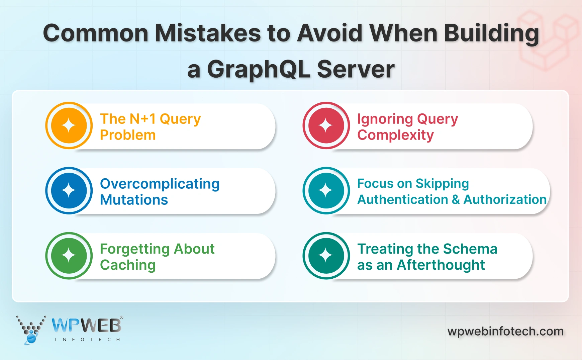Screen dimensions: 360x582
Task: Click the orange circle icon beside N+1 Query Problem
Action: [x=69, y=125]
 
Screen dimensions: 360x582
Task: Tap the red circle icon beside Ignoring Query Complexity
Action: [x=326, y=125]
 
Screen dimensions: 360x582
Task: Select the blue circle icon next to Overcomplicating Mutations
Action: [x=69, y=191]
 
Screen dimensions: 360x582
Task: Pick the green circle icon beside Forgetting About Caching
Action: [x=69, y=256]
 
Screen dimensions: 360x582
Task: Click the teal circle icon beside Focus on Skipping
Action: [x=326, y=191]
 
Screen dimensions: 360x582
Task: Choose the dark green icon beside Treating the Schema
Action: [x=326, y=256]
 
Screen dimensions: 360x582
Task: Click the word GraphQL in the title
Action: [x=259, y=70]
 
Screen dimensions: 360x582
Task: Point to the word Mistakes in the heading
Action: [x=207, y=33]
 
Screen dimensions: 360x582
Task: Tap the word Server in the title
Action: [x=356, y=69]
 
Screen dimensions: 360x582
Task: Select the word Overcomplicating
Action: [x=160, y=184]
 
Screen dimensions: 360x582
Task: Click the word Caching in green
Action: [x=128, y=265]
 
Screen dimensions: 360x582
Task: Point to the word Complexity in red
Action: [x=395, y=135]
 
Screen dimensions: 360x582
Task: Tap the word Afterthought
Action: [x=441, y=265]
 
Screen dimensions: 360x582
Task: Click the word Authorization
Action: [x=505, y=200]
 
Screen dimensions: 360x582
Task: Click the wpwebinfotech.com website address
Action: [x=505, y=331]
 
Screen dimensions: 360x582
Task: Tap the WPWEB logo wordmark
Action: [x=87, y=325]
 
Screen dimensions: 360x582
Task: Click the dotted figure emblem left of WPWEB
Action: [x=31, y=330]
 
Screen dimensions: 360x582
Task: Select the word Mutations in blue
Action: [x=134, y=200]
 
